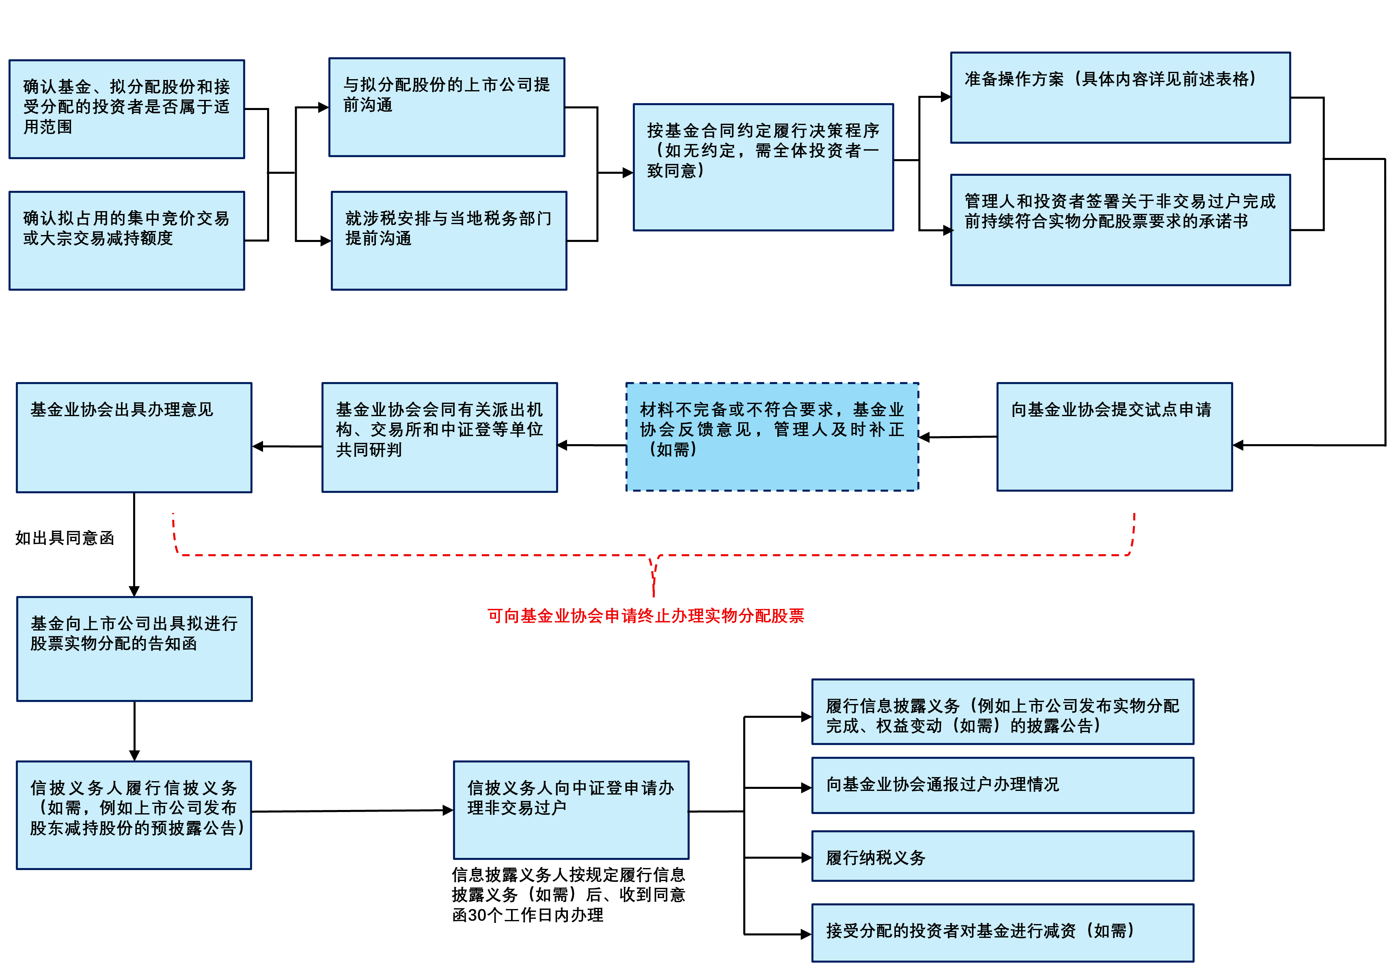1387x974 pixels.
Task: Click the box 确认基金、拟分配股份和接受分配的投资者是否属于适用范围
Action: (x=127, y=109)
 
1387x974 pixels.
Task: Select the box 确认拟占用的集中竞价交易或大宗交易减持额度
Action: (x=127, y=240)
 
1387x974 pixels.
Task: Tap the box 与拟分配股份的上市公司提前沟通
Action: (x=447, y=107)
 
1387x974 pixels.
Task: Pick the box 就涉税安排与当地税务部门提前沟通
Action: (x=449, y=240)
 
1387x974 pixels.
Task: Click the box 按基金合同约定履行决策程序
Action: (x=763, y=167)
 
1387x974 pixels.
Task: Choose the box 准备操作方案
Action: (x=1120, y=97)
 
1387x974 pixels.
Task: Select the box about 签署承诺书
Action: (x=1120, y=230)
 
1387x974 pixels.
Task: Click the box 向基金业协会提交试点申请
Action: (x=1114, y=436)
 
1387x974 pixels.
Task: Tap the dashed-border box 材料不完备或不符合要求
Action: (x=772, y=436)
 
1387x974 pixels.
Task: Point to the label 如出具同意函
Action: (x=65, y=538)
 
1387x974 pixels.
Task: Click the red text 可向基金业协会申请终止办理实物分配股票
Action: (x=646, y=615)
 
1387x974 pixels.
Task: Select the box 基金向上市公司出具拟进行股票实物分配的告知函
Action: (x=134, y=648)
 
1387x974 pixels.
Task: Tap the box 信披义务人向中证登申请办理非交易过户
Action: (x=571, y=810)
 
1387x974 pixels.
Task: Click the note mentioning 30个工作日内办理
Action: (x=568, y=895)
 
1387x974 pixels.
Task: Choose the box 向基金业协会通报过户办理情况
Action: (x=1002, y=785)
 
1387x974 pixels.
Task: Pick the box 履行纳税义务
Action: (x=1002, y=856)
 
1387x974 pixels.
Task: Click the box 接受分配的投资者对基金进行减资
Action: (x=1002, y=932)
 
